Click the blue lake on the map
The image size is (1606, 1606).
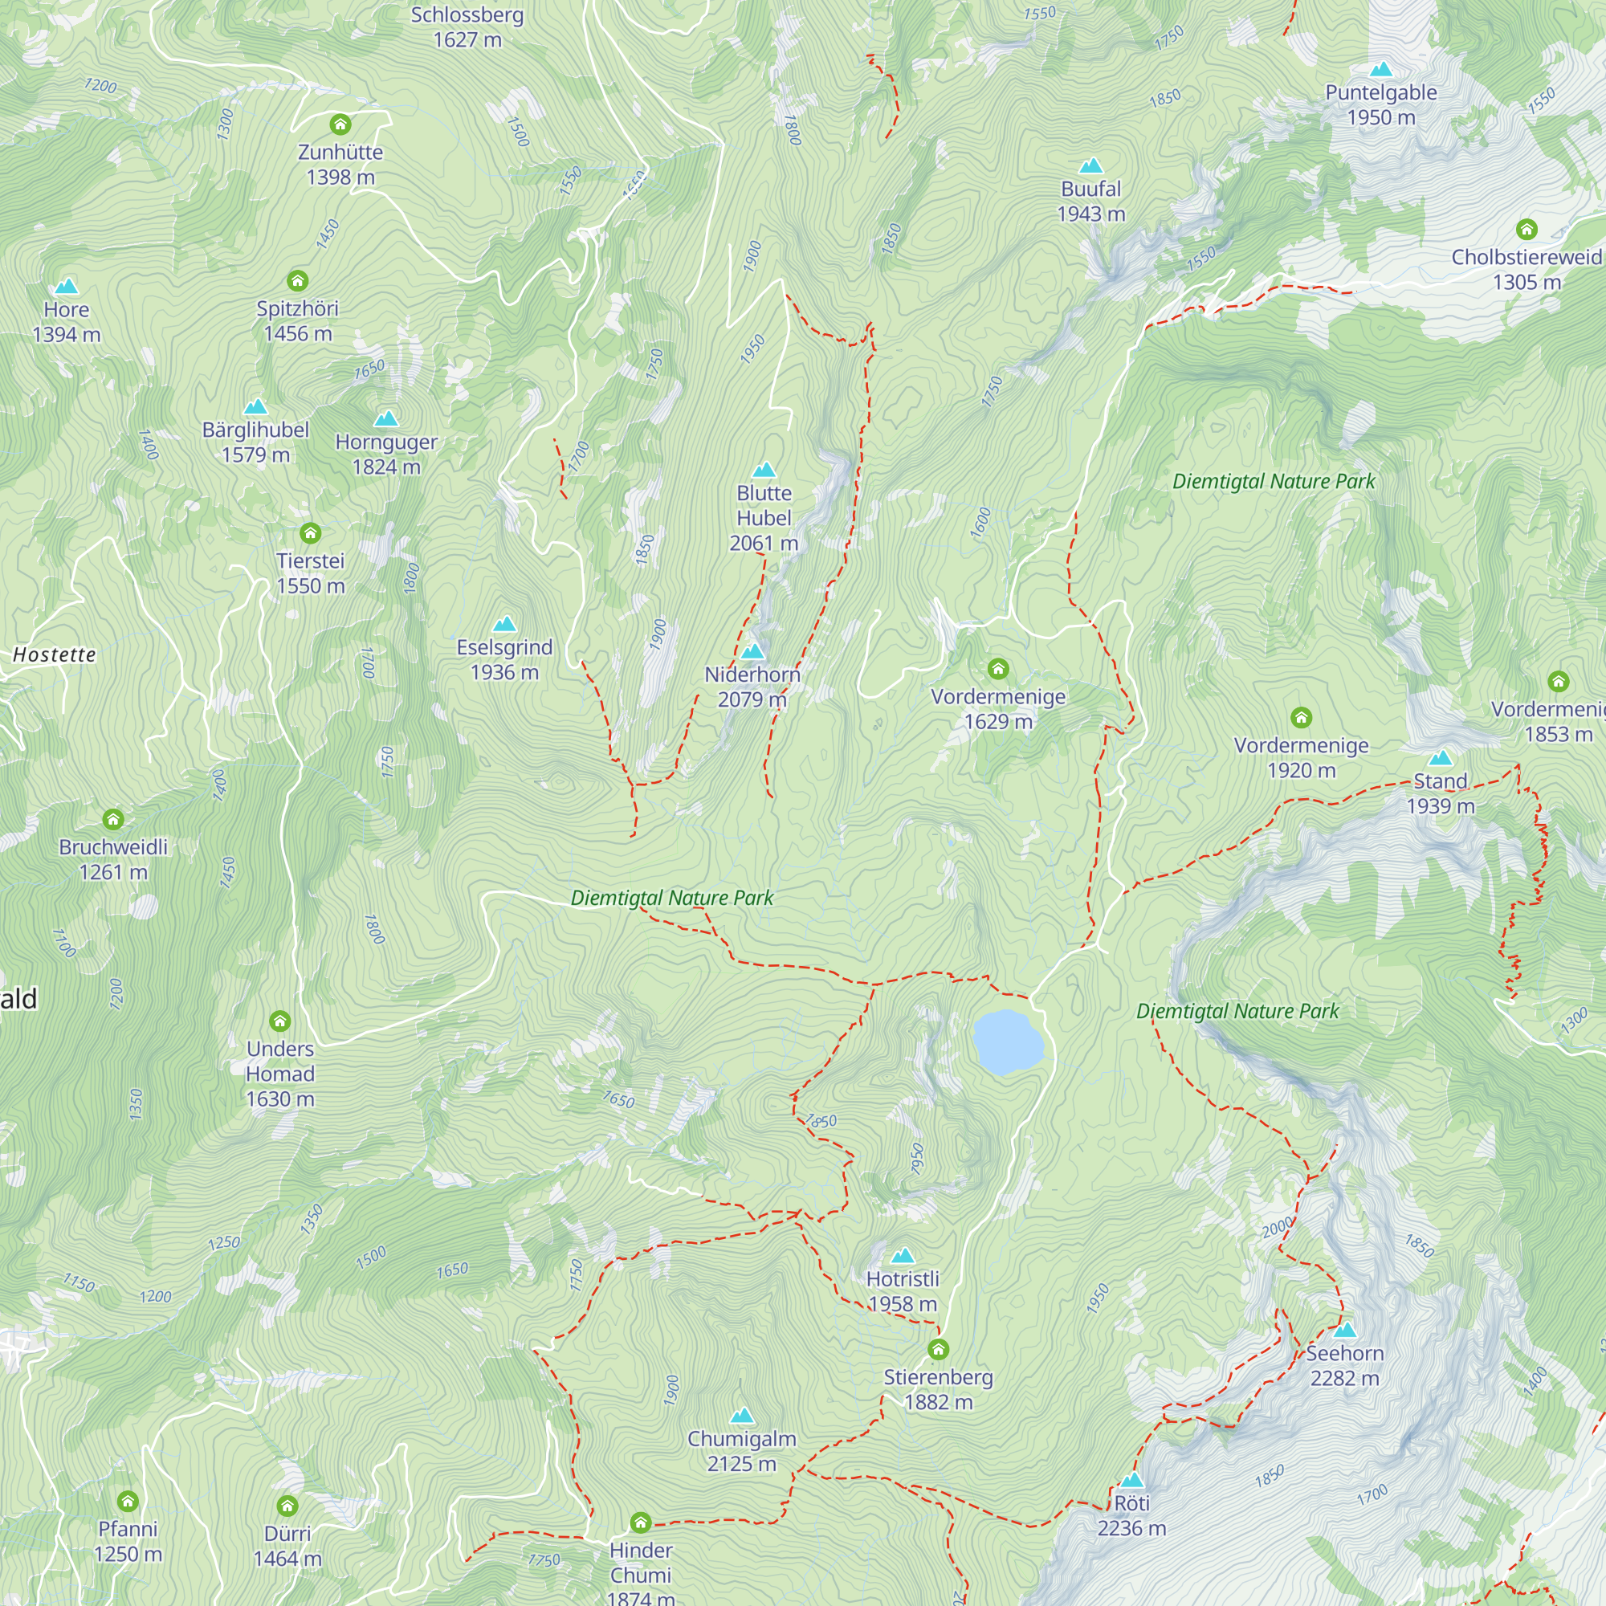pos(1008,1041)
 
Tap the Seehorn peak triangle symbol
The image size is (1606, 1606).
pos(1345,1329)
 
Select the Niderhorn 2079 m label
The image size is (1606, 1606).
pos(752,687)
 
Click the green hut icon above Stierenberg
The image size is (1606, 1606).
pos(939,1348)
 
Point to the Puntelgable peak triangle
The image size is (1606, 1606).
pos(1380,69)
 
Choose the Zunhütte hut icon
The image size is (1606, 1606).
pos(340,124)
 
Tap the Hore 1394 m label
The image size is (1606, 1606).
pos(67,322)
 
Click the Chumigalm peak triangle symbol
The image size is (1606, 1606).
pos(741,1416)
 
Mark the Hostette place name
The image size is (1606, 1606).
pos(55,655)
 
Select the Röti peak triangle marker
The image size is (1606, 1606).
pos(1132,1481)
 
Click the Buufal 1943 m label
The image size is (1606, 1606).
pos(1090,202)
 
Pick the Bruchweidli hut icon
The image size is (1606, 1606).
pos(113,820)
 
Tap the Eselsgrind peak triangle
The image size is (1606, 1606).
pos(504,624)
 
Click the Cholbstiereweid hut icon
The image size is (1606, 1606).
pos(1527,230)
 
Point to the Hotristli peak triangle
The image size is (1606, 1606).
pos(903,1255)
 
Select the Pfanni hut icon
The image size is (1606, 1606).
pos(127,1501)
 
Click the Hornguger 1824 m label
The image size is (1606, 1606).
pos(386,454)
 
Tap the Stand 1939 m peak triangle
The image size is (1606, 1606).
pos(1441,758)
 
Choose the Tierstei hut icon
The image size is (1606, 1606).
pos(310,533)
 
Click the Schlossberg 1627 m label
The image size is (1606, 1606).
pos(467,26)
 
